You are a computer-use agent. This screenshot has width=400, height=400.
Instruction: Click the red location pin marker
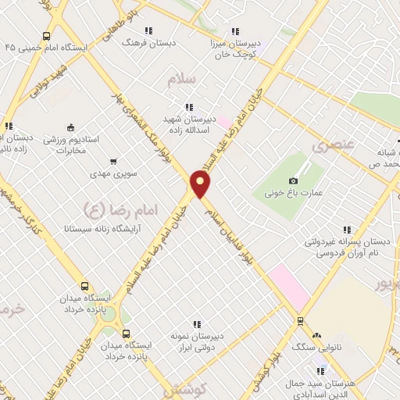[x=201, y=183]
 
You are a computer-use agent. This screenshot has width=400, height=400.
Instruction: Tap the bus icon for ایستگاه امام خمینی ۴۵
[x=47, y=36]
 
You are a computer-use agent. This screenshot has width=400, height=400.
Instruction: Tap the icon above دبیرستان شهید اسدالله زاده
[x=187, y=107]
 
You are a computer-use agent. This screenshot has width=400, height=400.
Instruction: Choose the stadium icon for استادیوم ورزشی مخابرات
[x=71, y=127]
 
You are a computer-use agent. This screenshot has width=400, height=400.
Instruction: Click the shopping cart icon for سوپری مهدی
[x=114, y=162]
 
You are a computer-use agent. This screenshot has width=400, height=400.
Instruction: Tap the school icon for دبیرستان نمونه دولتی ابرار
[x=197, y=324]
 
